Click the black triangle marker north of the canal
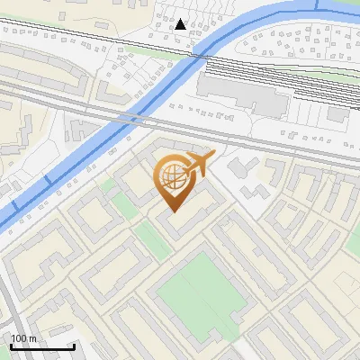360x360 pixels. pyautogui.click(x=181, y=24)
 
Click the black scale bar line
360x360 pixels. pyautogui.click(x=41, y=346)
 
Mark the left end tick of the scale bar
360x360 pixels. pyautogui.click(x=10, y=345)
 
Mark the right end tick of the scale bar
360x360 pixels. pyautogui.click(x=74, y=345)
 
